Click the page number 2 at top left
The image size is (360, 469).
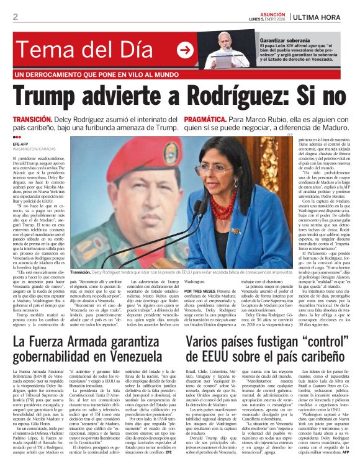pyautogui.click(x=15, y=16)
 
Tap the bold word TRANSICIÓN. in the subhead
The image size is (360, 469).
pyautogui.click(x=32, y=118)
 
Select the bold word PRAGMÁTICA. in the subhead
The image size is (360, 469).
pyautogui.click(x=209, y=118)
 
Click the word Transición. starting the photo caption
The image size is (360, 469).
pyautogui.click(x=81, y=272)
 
